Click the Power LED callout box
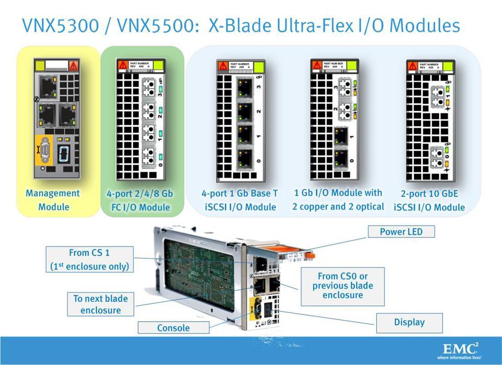point(401,232)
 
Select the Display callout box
point(409,322)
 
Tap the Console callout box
point(173,328)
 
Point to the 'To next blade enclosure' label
point(100,304)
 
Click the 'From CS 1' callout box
point(89,260)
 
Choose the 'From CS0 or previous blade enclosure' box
point(342,286)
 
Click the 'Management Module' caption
point(53,200)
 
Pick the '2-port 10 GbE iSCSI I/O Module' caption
point(429,200)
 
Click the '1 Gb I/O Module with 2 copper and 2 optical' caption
point(338,200)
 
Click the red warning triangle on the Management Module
point(73,66)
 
